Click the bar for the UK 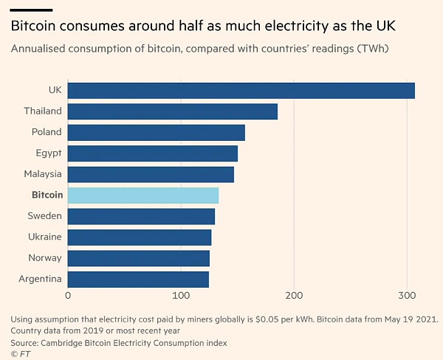click(241, 91)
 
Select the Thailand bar click(173, 111)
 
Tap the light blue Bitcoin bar click(143, 195)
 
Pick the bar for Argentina click(138, 280)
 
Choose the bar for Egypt click(153, 153)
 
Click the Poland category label click(46, 133)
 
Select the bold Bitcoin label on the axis click(47, 195)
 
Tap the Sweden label click(44, 216)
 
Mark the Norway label click(44, 258)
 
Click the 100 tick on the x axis click(181, 296)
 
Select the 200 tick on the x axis click(294, 296)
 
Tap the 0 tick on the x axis click(68, 296)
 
